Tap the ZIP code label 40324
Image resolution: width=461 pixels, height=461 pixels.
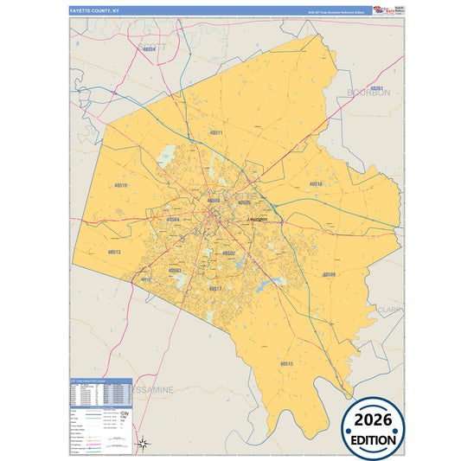click(149, 49)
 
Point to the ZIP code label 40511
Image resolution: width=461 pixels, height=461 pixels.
click(216, 132)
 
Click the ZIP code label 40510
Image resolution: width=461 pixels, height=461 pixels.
click(120, 186)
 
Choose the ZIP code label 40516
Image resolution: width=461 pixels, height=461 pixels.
click(317, 184)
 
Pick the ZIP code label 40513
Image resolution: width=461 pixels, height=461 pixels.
click(114, 252)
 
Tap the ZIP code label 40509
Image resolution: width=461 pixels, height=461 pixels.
click(329, 274)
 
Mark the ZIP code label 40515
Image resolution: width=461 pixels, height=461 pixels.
click(286, 364)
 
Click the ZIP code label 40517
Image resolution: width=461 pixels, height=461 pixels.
click(216, 288)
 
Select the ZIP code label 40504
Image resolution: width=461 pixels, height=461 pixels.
click(173, 220)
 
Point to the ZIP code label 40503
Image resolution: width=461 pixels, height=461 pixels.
click(176, 271)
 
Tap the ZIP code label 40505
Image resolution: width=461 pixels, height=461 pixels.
click(256, 203)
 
